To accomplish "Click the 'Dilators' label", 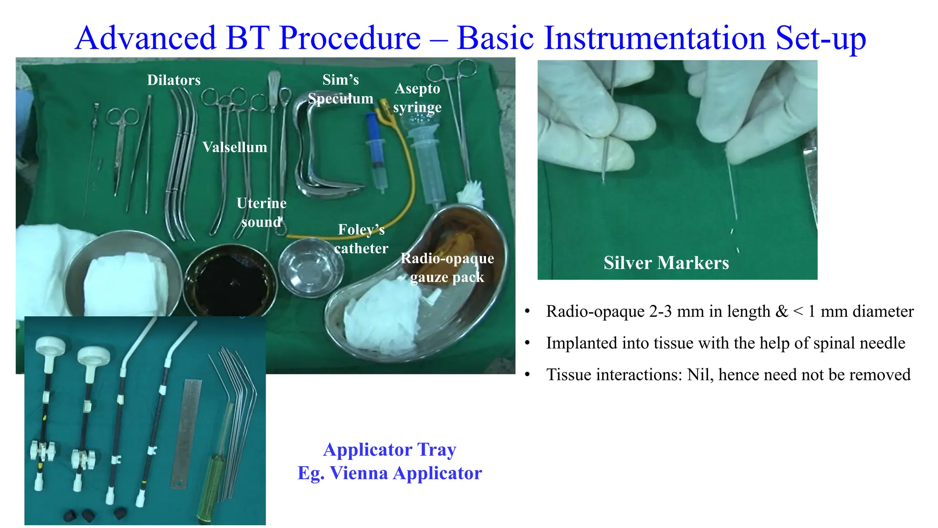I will tap(174, 80).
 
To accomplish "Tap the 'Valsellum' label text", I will tap(234, 147).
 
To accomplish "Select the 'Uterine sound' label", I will tap(261, 212).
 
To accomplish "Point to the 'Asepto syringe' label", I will tap(417, 98).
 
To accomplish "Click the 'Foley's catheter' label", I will tap(361, 239).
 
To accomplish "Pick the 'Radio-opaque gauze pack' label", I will tap(447, 268).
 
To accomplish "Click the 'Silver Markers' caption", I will tap(666, 263).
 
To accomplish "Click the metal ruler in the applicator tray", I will tap(186, 433).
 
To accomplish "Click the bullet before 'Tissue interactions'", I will tap(528, 375).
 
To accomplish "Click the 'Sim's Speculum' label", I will tap(340, 89).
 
